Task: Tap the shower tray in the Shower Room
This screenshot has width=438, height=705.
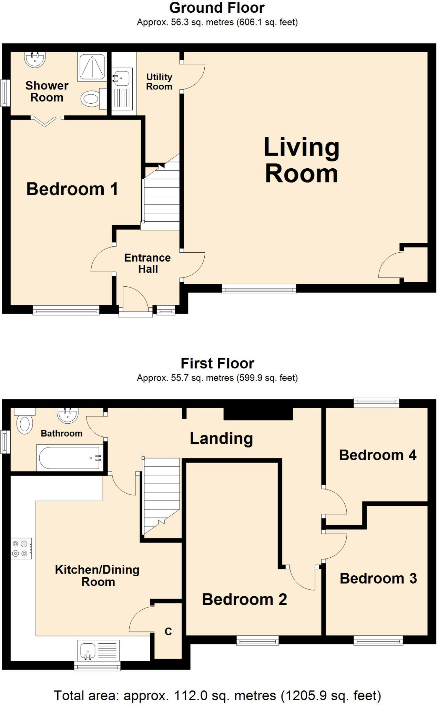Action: (91, 67)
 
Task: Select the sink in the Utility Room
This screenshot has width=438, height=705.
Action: (121, 78)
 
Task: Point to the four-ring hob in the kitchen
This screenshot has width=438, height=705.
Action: (21, 548)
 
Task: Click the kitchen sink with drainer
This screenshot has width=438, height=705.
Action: (98, 650)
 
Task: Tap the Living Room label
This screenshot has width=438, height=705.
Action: (301, 160)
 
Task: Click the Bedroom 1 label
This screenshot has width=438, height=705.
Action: (72, 189)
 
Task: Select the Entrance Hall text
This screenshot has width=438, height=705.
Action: (147, 263)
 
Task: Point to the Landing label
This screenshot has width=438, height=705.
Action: (221, 438)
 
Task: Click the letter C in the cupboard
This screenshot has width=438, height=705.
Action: (168, 631)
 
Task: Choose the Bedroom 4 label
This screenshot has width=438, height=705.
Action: (378, 455)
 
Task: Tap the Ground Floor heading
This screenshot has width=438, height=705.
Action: (217, 8)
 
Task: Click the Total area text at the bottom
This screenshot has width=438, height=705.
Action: (217, 695)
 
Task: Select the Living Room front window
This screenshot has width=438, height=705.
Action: (259, 288)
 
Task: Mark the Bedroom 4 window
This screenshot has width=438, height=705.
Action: (377, 402)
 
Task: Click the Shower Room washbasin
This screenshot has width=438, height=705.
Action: (35, 59)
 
